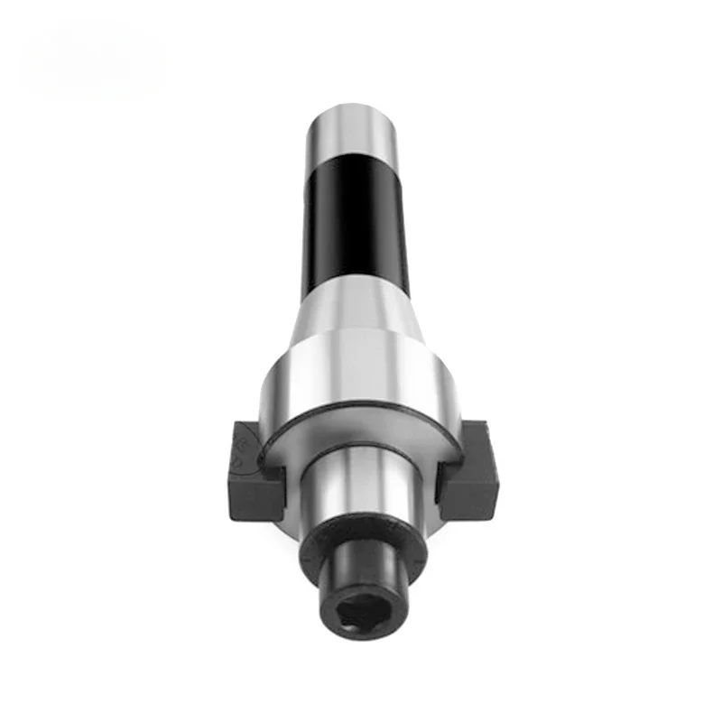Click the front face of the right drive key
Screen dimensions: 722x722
pos(469,492)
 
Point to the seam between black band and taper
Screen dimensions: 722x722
pos(356,287)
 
